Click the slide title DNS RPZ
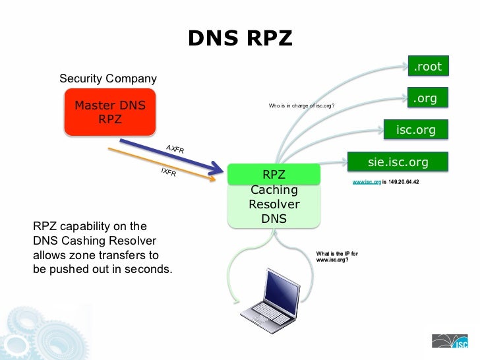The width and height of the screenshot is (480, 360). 239,38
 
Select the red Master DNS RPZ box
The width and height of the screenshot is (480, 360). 110,112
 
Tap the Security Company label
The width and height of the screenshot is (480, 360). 108,79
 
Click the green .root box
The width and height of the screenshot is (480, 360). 427,67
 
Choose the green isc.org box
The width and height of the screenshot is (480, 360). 415,130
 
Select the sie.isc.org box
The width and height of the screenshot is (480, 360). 398,162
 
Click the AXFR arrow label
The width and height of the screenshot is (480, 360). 175,149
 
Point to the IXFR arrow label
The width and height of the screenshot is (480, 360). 168,171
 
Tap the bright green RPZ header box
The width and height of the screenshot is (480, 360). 274,175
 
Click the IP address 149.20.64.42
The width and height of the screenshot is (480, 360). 404,181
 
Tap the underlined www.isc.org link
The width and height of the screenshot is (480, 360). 367,181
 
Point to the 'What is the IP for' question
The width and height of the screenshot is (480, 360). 337,254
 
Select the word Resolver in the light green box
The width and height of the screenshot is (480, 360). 274,204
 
